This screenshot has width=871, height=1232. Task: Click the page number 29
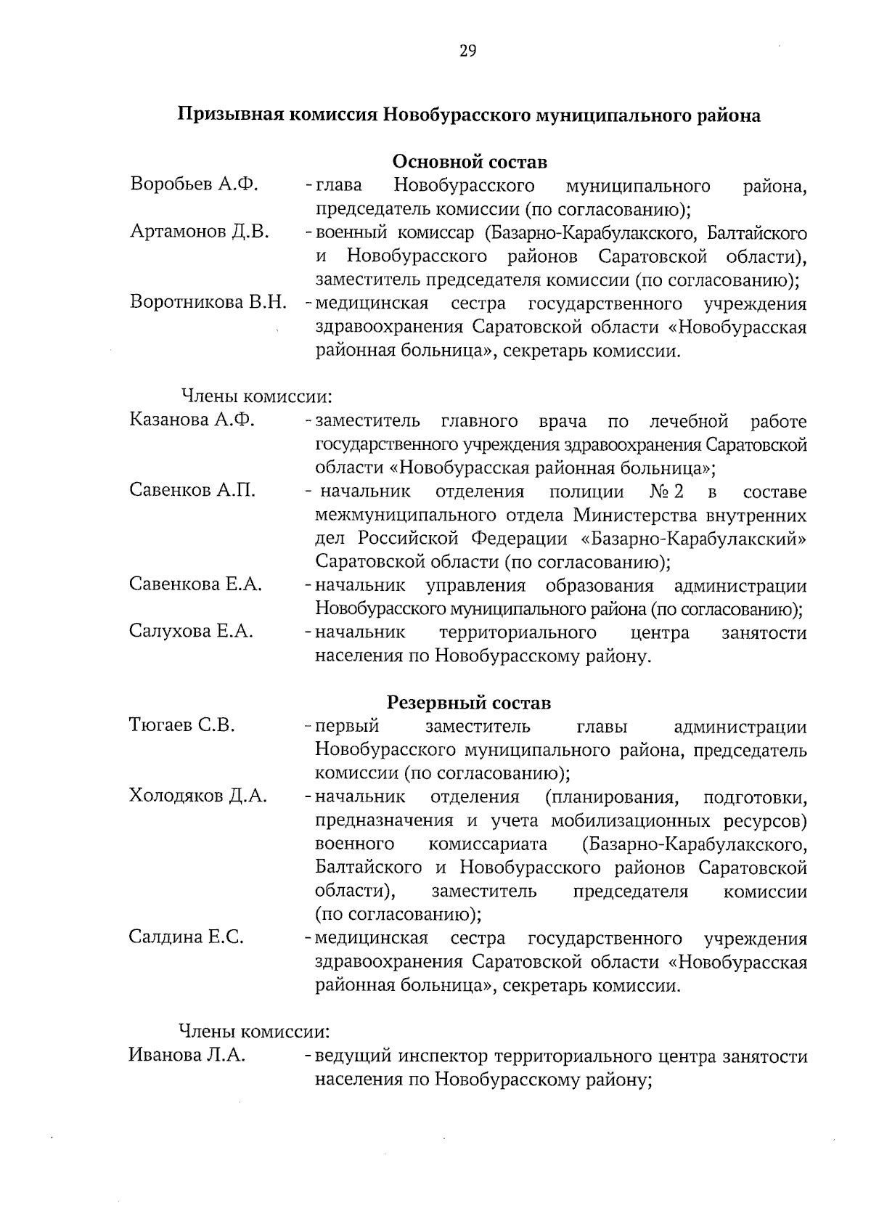[x=467, y=51]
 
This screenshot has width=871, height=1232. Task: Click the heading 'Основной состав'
[x=470, y=161]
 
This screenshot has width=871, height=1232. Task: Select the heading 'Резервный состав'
[x=468, y=703]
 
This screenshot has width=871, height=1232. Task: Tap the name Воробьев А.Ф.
[x=194, y=184]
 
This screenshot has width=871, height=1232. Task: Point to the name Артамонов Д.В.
[x=200, y=232]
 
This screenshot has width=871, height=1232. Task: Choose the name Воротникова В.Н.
[x=208, y=302]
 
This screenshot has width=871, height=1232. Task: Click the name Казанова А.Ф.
[x=192, y=420]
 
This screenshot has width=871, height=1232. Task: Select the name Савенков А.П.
[x=192, y=491]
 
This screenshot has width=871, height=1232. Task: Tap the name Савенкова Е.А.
[x=195, y=584]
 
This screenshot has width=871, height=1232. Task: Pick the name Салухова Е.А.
[x=191, y=632]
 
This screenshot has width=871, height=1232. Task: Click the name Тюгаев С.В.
[x=181, y=725]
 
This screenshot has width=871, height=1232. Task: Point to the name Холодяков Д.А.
[x=197, y=796]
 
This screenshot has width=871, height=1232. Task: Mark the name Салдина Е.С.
[x=186, y=937]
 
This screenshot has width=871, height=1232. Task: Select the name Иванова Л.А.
[x=187, y=1055]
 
